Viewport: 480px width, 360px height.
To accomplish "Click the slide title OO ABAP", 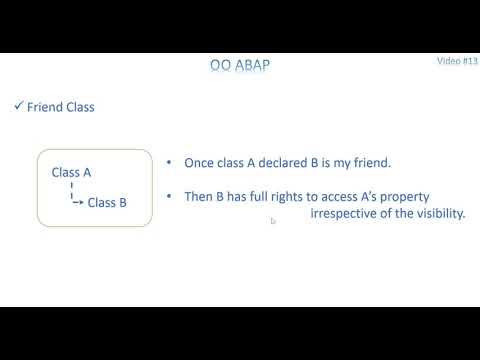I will click(x=240, y=67).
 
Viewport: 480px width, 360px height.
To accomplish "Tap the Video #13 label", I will click(x=457, y=61).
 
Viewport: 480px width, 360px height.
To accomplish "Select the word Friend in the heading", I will click(x=44, y=107).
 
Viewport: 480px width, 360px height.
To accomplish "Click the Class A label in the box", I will click(x=71, y=172).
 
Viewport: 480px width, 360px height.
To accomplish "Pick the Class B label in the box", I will click(x=107, y=202).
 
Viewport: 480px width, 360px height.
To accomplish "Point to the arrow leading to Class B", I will click(x=77, y=201).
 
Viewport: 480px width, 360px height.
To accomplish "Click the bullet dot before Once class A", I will click(x=169, y=162).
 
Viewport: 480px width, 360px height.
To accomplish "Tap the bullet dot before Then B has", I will click(x=169, y=196).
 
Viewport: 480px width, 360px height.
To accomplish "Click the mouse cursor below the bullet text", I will click(x=273, y=222).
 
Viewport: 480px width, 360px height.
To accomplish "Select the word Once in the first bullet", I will click(x=200, y=163).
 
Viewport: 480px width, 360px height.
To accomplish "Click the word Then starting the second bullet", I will click(x=199, y=196).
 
